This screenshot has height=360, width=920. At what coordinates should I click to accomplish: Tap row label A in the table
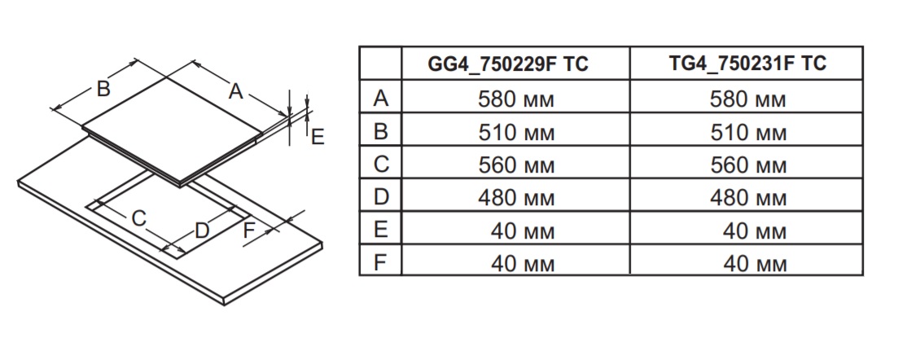click(380, 99)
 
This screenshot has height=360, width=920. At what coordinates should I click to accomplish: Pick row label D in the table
click(380, 197)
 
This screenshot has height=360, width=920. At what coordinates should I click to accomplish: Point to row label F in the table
click(380, 262)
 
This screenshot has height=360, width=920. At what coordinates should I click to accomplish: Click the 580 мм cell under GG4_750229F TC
click(515, 99)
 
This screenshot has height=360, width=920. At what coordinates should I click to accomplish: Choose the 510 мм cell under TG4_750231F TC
click(747, 132)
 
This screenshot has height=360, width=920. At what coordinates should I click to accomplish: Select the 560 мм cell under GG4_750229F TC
click(515, 165)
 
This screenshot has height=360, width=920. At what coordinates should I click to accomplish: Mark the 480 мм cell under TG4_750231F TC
click(747, 197)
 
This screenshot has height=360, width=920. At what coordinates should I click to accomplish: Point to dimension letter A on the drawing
click(235, 91)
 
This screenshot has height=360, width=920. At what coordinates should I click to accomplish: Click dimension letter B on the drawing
click(103, 89)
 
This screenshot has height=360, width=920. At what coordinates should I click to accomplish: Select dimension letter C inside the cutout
click(139, 217)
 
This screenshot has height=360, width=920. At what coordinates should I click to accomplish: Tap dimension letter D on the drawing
click(202, 230)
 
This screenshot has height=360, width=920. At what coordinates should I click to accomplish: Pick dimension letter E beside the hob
click(317, 137)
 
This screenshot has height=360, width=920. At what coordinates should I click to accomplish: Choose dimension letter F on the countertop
click(250, 230)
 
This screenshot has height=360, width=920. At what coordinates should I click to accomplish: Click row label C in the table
click(380, 165)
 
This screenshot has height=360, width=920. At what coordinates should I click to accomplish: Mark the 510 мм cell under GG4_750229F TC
click(515, 132)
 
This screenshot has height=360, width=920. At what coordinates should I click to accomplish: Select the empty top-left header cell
click(380, 64)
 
